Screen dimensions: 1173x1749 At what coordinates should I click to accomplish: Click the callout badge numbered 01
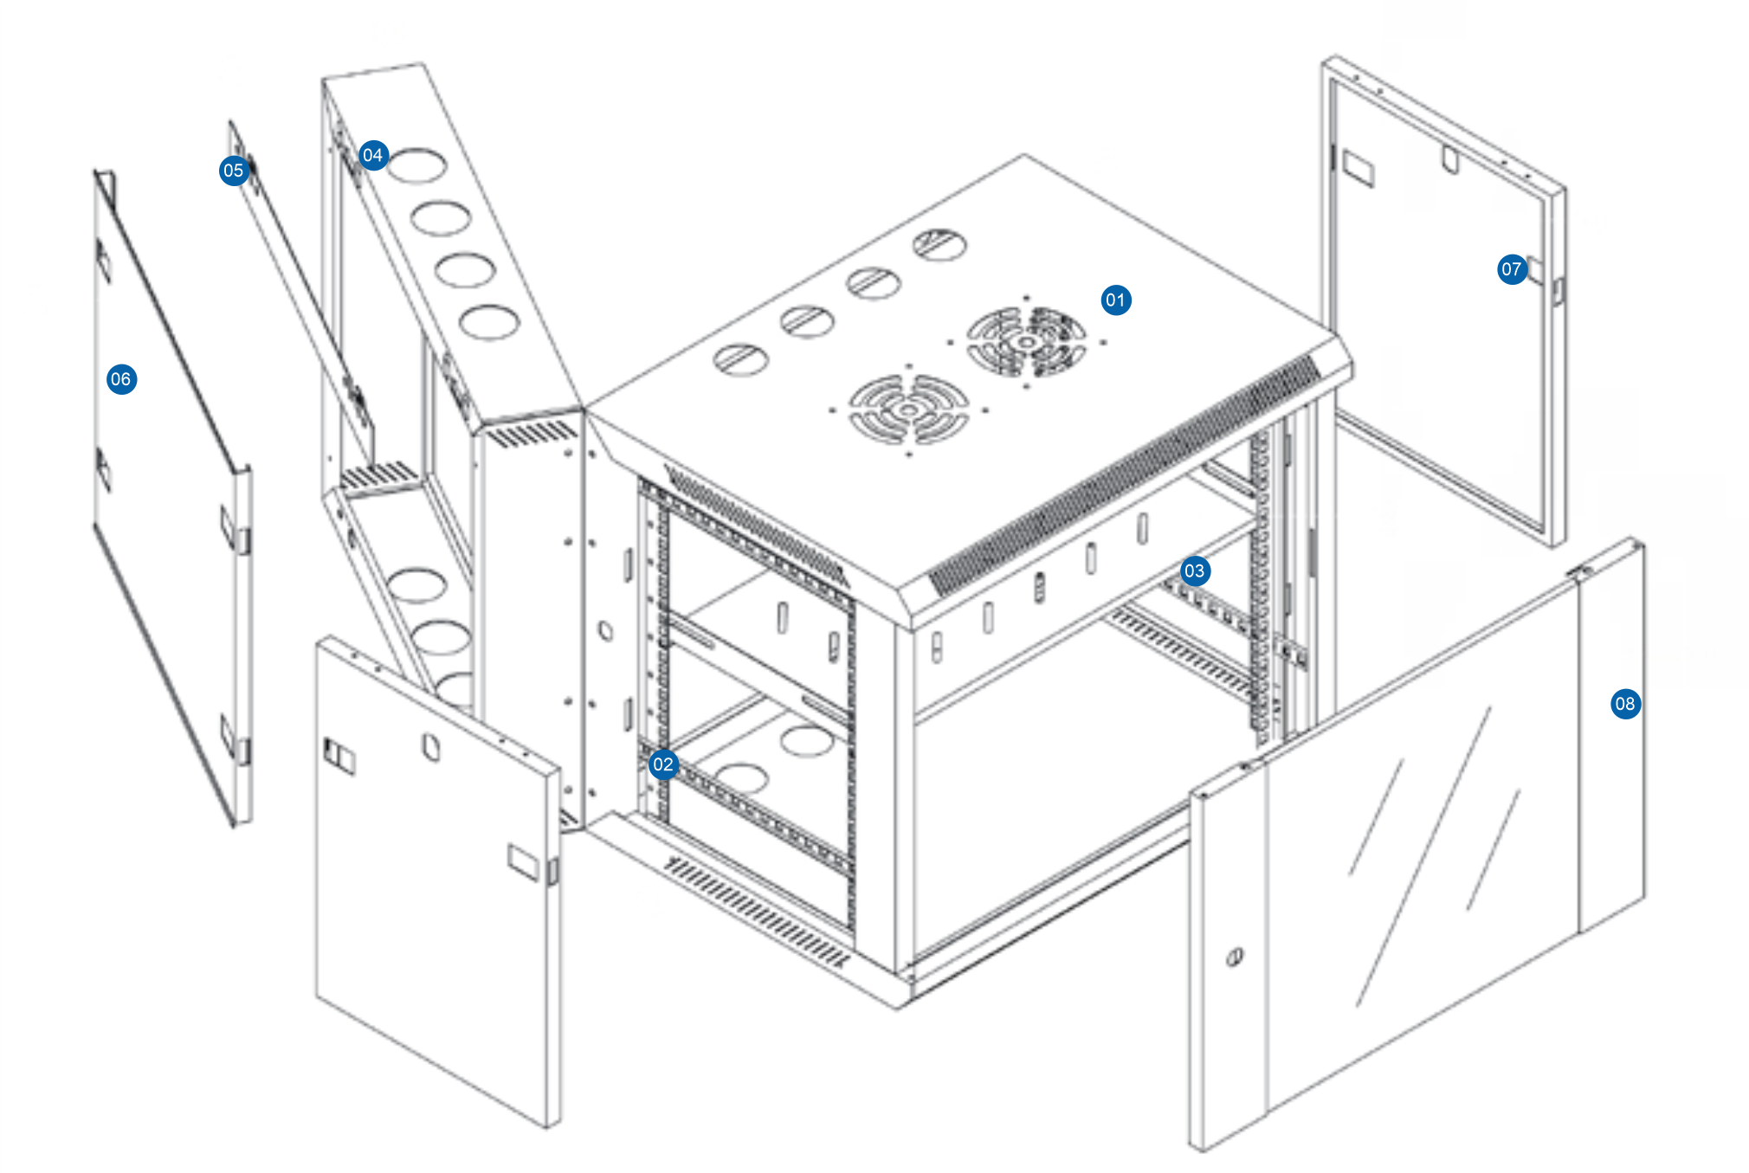point(1115,300)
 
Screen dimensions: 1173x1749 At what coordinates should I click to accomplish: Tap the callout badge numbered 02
point(663,764)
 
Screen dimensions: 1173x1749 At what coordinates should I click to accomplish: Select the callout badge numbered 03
point(1195,571)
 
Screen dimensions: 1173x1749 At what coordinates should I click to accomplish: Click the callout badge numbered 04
point(373,155)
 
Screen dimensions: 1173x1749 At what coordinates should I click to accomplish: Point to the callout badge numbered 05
point(234,171)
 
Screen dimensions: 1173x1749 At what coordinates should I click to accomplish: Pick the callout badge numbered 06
point(121,379)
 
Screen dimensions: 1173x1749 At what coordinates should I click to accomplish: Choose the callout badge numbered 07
point(1512,269)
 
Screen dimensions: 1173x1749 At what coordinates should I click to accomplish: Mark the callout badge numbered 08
point(1625,704)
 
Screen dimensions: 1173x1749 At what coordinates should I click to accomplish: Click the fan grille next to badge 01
point(1027,342)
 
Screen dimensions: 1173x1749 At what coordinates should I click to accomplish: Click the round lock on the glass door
point(1235,957)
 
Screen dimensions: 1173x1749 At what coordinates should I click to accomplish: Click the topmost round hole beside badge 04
point(416,165)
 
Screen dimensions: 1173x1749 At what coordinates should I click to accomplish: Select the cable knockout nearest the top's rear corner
point(940,245)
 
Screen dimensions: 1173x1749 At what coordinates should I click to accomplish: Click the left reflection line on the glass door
point(1376,817)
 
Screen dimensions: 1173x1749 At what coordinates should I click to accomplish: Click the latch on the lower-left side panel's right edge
point(552,870)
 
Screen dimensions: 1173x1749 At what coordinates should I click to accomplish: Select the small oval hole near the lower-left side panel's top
point(430,746)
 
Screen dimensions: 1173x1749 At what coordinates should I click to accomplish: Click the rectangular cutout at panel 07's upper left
point(1357,169)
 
